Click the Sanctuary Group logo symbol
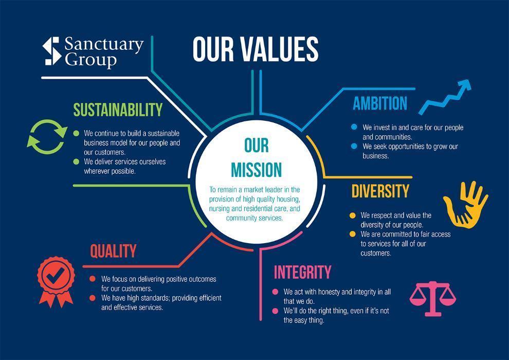(x=52, y=51)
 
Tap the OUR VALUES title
(x=256, y=49)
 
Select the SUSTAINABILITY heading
(x=118, y=110)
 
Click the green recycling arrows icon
(x=47, y=137)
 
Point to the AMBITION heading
(x=379, y=104)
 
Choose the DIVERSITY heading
(x=380, y=191)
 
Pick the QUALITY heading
(x=113, y=251)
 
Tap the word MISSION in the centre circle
(x=256, y=169)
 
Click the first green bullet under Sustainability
(x=76, y=133)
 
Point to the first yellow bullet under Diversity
(x=352, y=215)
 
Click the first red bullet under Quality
(x=93, y=279)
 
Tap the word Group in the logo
(x=91, y=60)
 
